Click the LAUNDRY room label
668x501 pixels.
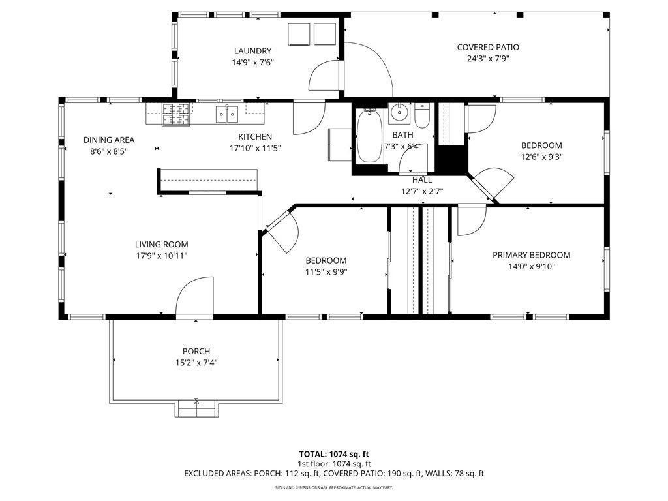point(252,51)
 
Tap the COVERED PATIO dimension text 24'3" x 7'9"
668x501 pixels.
point(487,59)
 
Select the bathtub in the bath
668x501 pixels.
point(370,137)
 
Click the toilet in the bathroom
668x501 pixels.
point(421,117)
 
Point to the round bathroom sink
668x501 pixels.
point(398,115)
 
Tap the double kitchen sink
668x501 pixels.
point(227,115)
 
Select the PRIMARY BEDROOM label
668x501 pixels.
point(531,255)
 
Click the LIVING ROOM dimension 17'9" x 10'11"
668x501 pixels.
point(161,256)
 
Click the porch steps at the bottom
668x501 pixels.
point(196,409)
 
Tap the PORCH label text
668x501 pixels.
point(196,351)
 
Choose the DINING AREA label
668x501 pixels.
point(109,140)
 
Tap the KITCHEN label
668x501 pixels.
point(255,137)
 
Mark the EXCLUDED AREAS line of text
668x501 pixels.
point(334,474)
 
